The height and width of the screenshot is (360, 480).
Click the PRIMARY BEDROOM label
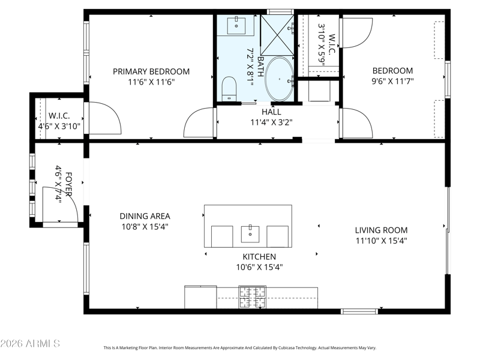[151, 71]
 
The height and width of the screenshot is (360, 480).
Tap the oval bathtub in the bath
[279, 79]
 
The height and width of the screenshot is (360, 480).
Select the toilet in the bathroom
[229, 89]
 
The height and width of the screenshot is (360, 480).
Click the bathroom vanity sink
[236, 26]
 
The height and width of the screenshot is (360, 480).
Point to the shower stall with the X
[277, 35]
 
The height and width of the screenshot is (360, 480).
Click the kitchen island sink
[250, 234]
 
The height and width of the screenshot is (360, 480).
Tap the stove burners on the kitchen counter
[252, 297]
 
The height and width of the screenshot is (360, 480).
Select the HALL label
[271, 112]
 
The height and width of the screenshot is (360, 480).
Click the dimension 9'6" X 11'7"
[392, 82]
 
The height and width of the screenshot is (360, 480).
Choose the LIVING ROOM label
[381, 230]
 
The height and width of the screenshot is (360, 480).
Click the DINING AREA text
[145, 217]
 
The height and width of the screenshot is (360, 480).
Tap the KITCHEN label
[259, 257]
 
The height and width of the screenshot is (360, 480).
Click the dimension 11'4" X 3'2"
[272, 123]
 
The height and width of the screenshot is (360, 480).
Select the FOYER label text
[69, 184]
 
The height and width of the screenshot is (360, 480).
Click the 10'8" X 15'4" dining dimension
[145, 227]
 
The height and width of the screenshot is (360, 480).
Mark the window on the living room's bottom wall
[359, 311]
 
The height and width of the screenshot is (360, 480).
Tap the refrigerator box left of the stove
[200, 297]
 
